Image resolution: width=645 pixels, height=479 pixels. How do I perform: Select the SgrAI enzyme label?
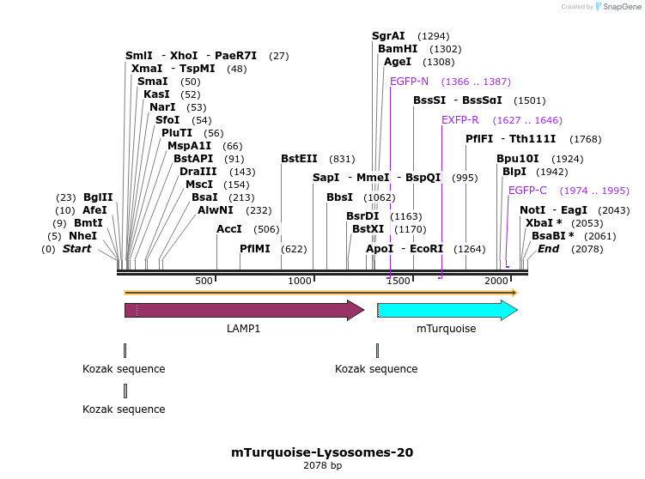point(388,36)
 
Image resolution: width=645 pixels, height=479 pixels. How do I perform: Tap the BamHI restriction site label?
point(398,49)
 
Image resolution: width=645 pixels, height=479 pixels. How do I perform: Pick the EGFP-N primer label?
point(409,82)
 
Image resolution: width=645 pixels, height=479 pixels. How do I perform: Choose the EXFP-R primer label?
point(460,120)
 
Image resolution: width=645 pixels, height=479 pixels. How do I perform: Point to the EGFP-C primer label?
point(527,191)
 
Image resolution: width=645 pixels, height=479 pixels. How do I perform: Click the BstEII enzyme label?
point(299,159)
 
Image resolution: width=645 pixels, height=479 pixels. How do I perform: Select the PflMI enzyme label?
point(255,249)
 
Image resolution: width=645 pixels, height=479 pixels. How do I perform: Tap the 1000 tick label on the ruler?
point(300,282)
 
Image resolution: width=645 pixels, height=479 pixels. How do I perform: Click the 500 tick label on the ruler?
point(204,282)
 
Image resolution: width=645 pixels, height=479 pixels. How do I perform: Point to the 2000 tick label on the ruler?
point(496,282)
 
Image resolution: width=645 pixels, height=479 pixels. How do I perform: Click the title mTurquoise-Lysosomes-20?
point(322,452)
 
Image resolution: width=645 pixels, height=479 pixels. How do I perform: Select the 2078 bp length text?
point(322,465)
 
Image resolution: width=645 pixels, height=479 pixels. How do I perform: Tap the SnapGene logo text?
point(623,7)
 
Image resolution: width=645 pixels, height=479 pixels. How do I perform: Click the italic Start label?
point(76,249)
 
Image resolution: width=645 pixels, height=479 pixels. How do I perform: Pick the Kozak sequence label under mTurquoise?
point(376,369)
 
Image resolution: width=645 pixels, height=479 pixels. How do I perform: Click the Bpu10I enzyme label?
point(518,159)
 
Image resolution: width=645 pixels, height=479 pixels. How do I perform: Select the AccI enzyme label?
point(229,229)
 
